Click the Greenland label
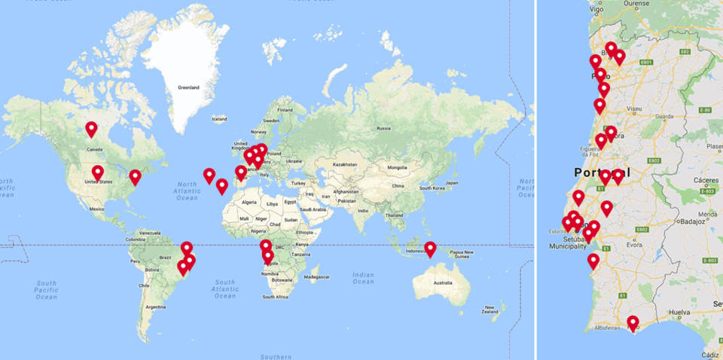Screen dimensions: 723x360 [x=188, y=87]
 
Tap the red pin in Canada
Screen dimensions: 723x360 [x=91, y=130]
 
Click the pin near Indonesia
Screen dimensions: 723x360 [x=430, y=249]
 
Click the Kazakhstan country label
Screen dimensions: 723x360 [x=349, y=163]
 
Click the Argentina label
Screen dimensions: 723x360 [x=157, y=307]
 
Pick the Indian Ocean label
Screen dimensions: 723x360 [x=362, y=279]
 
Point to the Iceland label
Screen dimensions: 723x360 [x=219, y=118]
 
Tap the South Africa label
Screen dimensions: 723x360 [x=275, y=297]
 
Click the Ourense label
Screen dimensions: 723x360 [x=636, y=4]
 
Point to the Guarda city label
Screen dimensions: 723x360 [x=664, y=116]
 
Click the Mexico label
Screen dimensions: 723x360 [x=97, y=207]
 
